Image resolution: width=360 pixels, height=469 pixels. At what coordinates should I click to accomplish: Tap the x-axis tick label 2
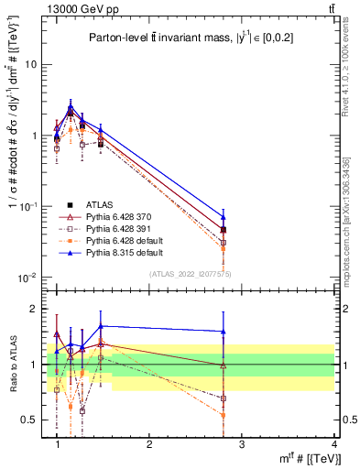(149, 444)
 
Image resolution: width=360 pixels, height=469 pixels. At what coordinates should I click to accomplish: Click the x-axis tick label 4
(335, 444)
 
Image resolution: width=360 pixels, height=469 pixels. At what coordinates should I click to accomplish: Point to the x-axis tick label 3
(242, 444)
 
